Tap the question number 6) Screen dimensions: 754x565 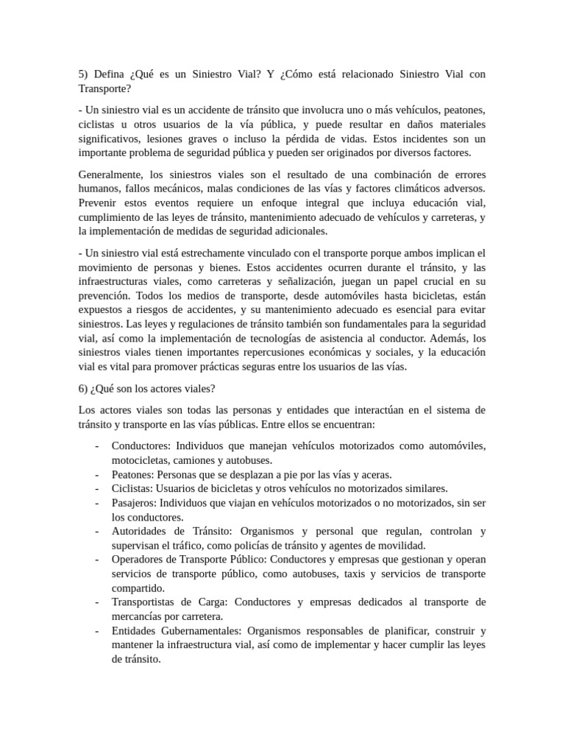(x=83, y=389)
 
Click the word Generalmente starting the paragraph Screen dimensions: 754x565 (x=110, y=175)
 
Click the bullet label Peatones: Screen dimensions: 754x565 (x=133, y=474)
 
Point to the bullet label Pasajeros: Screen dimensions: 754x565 (x=135, y=502)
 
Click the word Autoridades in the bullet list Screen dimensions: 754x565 (x=141, y=531)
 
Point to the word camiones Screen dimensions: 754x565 (x=196, y=460)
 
